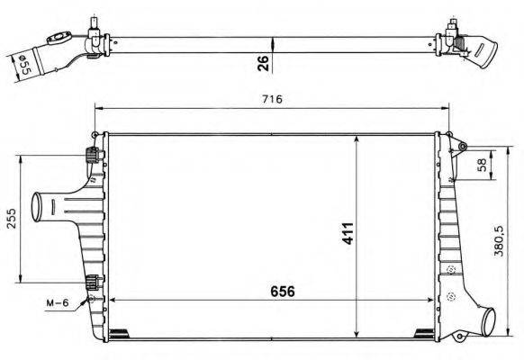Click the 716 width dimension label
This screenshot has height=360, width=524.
pos(272,99)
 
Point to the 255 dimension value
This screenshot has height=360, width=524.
pos(10,220)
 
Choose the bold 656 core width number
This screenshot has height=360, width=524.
pos(280,292)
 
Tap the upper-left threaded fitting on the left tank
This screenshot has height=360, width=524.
pos(91,155)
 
